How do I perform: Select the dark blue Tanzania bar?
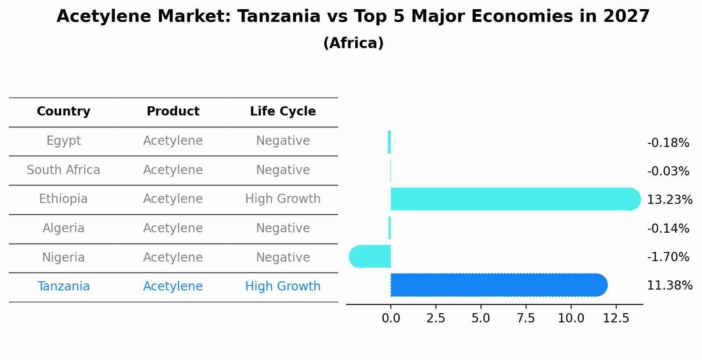pyautogui.click(x=498, y=285)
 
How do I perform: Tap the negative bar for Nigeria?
pyautogui.click(x=370, y=256)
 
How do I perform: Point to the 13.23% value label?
pyautogui.click(x=669, y=200)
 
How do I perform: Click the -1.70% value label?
pyautogui.click(x=668, y=257)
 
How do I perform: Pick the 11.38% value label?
pyautogui.click(x=669, y=286)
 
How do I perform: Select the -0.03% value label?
pyautogui.click(x=668, y=171)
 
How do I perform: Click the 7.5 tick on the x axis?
pyautogui.click(x=526, y=318)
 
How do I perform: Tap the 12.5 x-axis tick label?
pyautogui.click(x=616, y=318)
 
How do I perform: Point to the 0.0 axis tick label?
pyautogui.click(x=391, y=318)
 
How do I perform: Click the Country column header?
pyautogui.click(x=63, y=112)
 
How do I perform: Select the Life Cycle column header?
pyautogui.click(x=283, y=112)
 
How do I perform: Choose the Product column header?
pyautogui.click(x=173, y=112)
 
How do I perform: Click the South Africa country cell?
pyautogui.click(x=63, y=170)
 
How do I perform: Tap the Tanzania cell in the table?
pyautogui.click(x=63, y=287)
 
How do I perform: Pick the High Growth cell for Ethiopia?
pyautogui.click(x=283, y=199)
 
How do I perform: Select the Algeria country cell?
pyautogui.click(x=63, y=228)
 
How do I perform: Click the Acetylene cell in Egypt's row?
pyautogui.click(x=173, y=141)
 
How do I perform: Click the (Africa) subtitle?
pyautogui.click(x=353, y=43)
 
